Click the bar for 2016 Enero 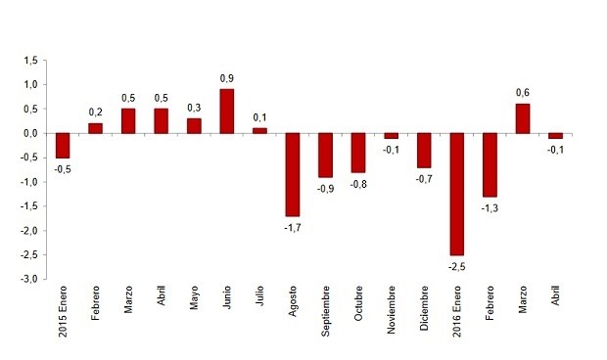[x=456, y=194]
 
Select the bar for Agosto [x=292, y=174]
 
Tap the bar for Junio [x=226, y=111]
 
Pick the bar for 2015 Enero [x=63, y=145]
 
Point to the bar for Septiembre [x=325, y=155]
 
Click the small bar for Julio [x=259, y=130]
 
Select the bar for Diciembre [x=424, y=150]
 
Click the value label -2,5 [x=455, y=265]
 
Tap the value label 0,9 [x=226, y=78]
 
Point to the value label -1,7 [x=292, y=227]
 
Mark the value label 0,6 [x=522, y=93]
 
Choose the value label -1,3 [x=489, y=207]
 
